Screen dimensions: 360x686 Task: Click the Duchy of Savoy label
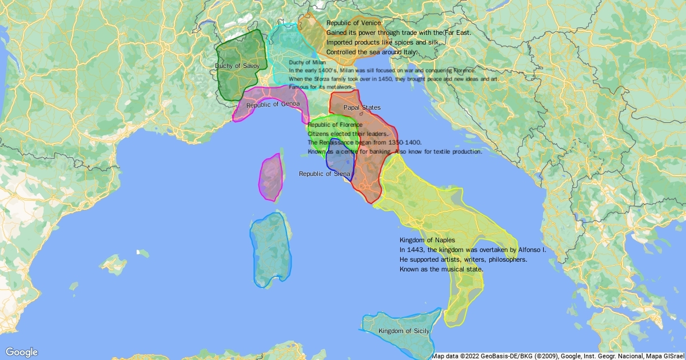click(x=237, y=66)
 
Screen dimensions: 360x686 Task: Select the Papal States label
click(x=362, y=107)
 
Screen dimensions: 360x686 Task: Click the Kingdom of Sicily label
click(x=404, y=331)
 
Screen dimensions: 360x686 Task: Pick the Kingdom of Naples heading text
click(x=427, y=240)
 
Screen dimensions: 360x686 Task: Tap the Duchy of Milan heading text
click(x=307, y=62)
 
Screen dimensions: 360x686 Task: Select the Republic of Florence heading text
click(x=335, y=125)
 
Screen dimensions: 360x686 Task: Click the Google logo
click(x=21, y=352)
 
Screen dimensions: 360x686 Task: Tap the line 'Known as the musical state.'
click(x=441, y=269)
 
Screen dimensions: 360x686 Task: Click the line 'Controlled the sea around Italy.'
click(x=372, y=52)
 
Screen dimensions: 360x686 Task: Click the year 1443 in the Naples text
click(x=416, y=250)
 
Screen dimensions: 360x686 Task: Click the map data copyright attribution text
click(x=557, y=355)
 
